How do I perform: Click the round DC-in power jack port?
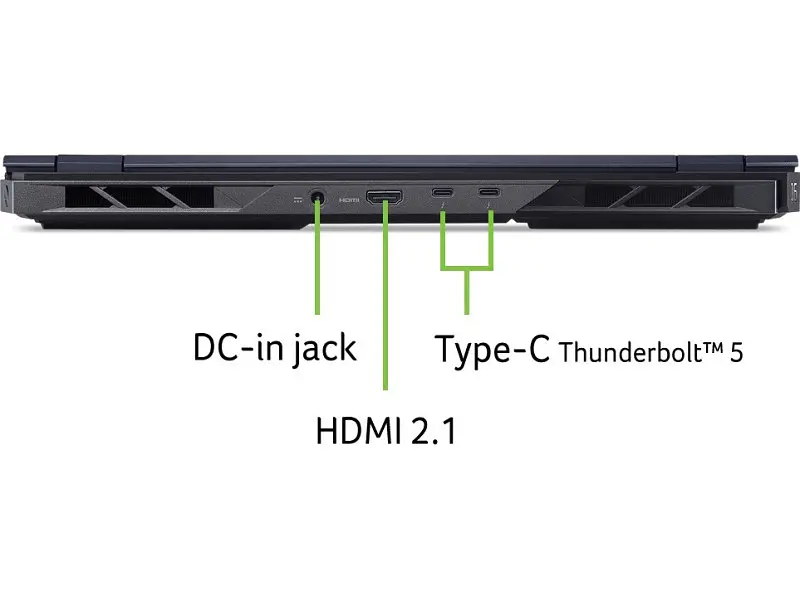click(318, 197)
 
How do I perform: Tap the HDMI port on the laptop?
click(384, 197)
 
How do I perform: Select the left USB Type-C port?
click(442, 192)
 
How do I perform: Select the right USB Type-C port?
click(489, 192)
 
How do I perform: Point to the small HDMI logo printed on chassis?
click(349, 200)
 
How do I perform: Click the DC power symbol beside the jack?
click(298, 199)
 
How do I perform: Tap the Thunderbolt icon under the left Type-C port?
click(443, 206)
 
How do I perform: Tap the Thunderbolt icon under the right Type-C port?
click(489, 206)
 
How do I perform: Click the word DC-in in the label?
click(238, 347)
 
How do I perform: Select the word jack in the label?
click(324, 349)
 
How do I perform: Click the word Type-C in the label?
click(492, 349)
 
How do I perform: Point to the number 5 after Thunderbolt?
click(736, 353)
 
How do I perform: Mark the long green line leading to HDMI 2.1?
click(385, 295)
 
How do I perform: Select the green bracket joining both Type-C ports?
click(467, 266)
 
